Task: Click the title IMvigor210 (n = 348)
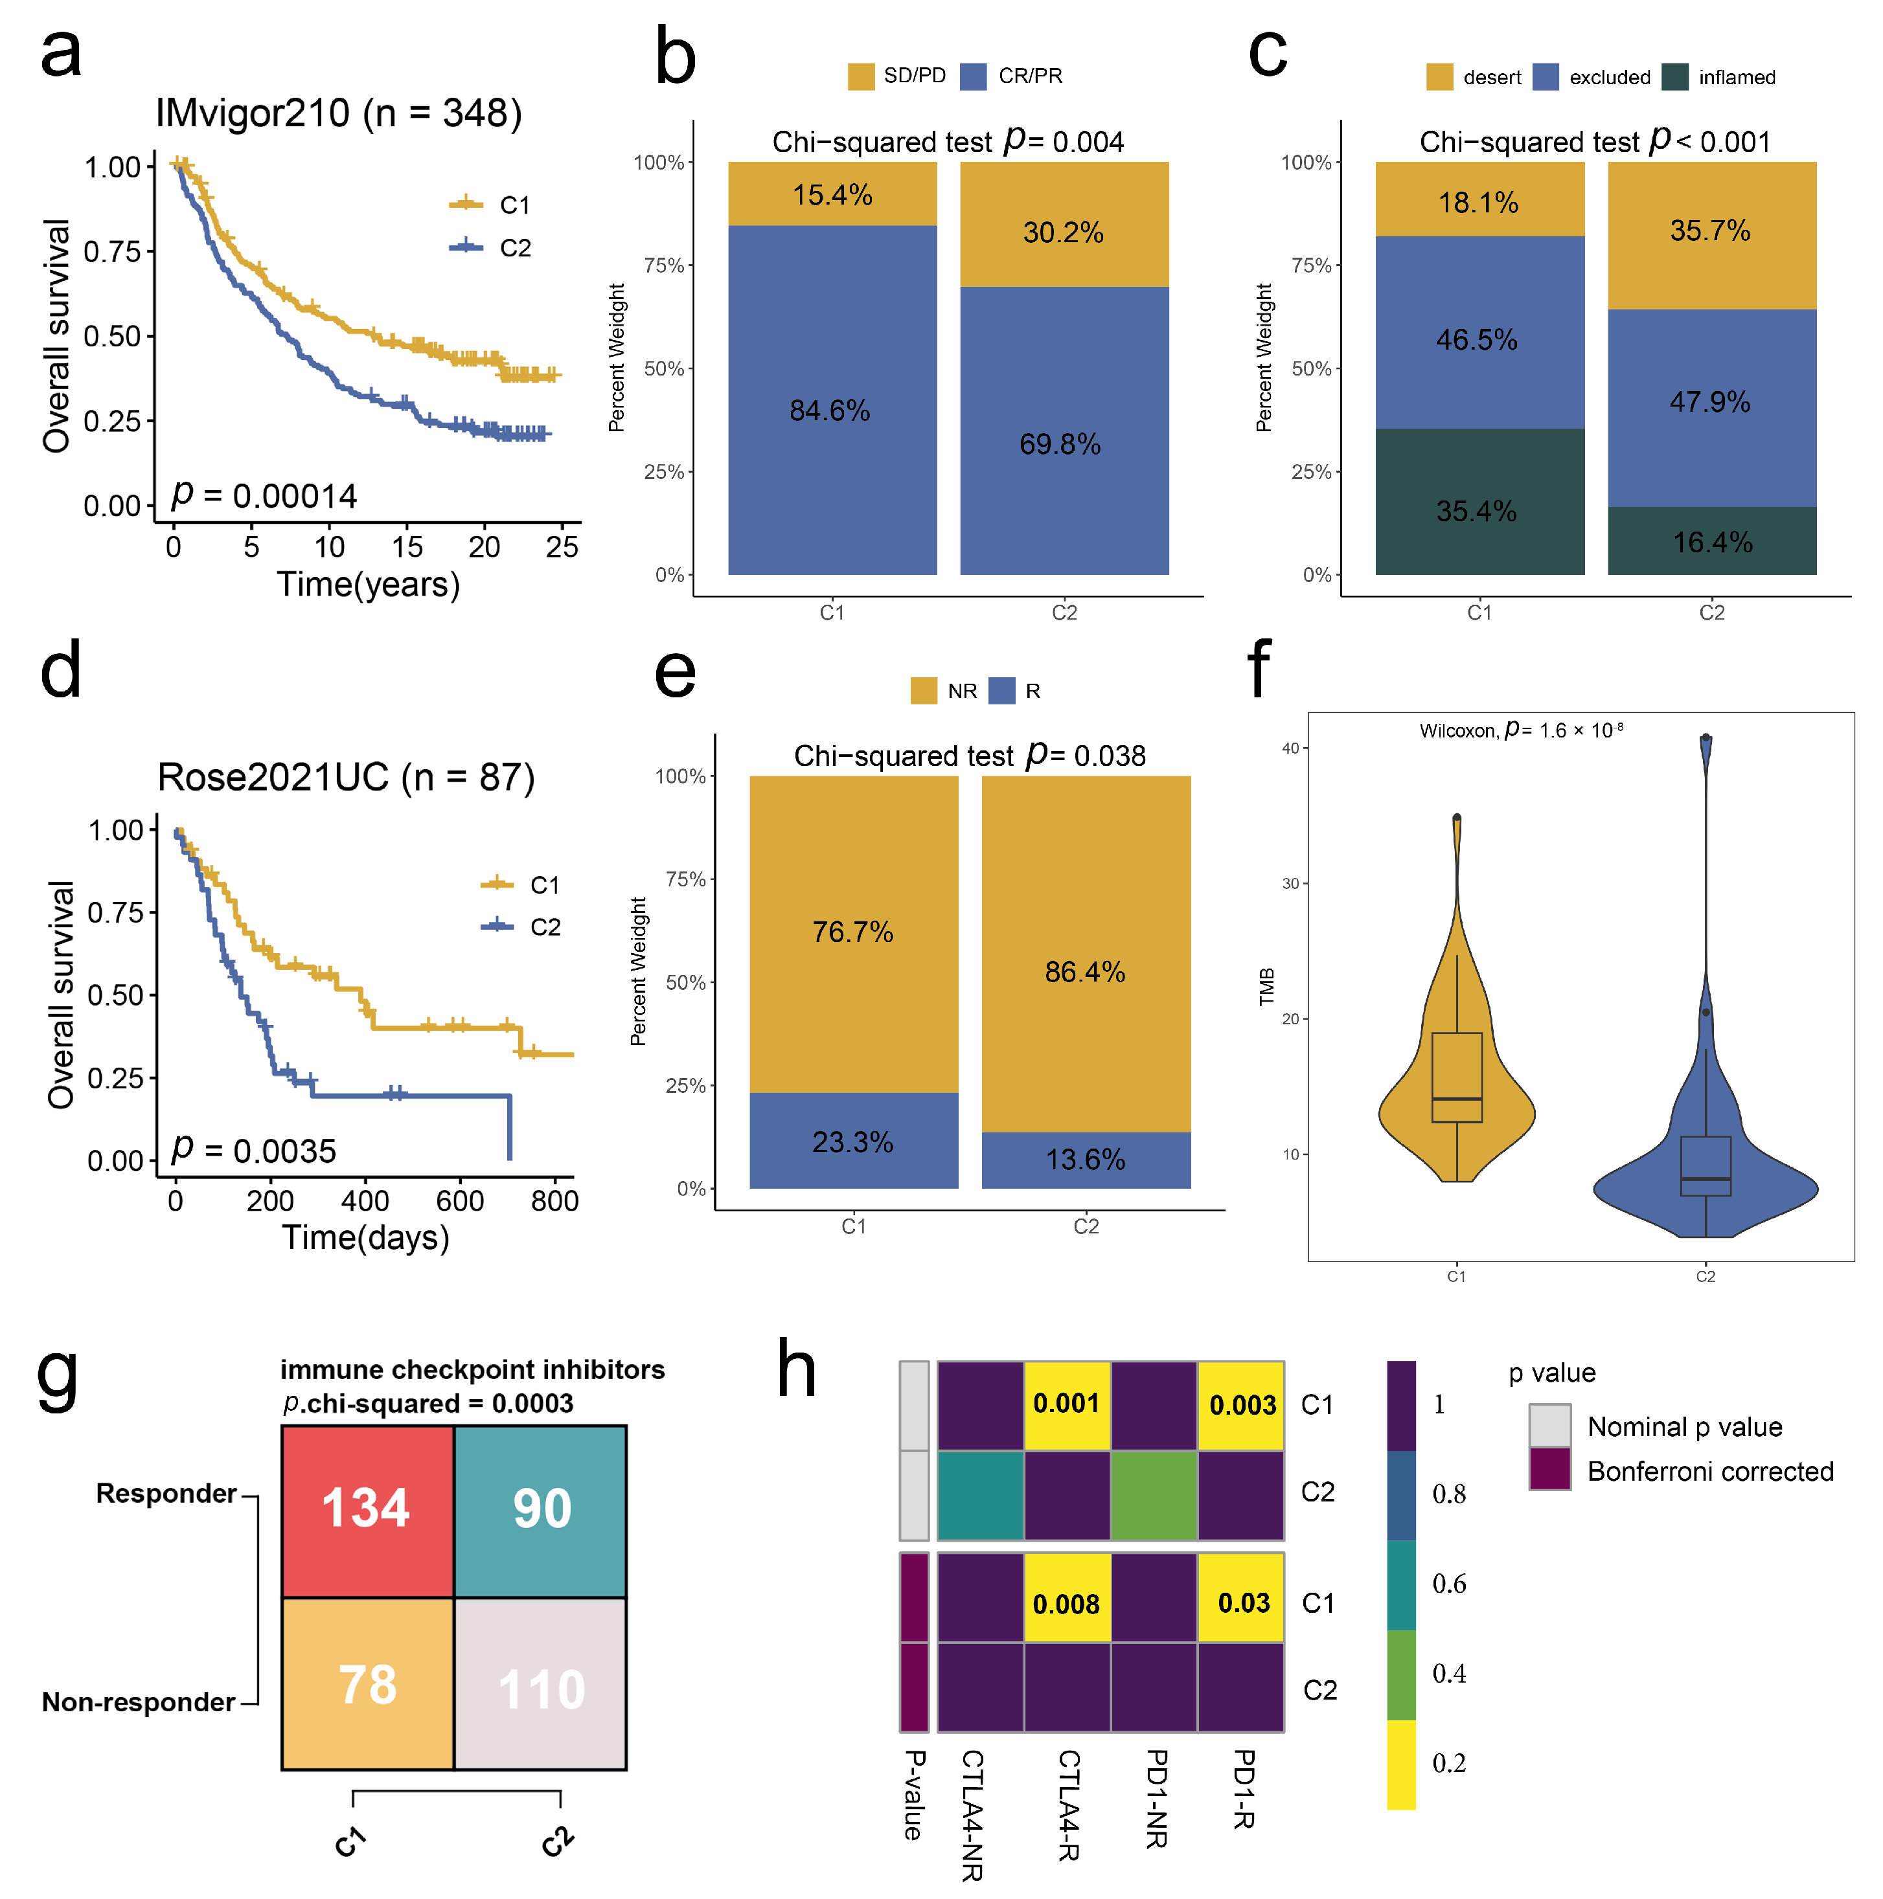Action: (338, 113)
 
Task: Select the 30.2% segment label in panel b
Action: (1063, 233)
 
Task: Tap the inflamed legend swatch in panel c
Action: (1674, 76)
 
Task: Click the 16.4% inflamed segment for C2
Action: (1712, 541)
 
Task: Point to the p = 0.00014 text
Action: (264, 495)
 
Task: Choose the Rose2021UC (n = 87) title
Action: (346, 776)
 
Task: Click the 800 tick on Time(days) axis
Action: (554, 1201)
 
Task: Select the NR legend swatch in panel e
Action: (923, 691)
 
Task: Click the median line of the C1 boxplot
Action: (1457, 1099)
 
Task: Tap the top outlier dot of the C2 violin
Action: (1706, 737)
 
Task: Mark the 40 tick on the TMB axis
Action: (1290, 748)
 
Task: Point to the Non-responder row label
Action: (139, 1702)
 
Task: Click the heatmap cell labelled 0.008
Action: (1067, 1604)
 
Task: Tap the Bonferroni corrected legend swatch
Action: (1549, 1470)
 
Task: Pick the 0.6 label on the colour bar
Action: (1448, 1584)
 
